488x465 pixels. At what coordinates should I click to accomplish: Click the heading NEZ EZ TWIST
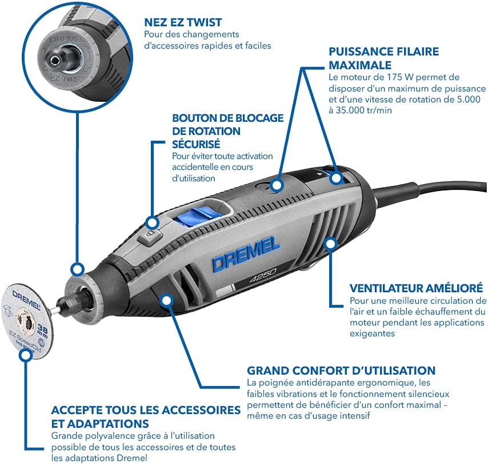pyautogui.click(x=182, y=23)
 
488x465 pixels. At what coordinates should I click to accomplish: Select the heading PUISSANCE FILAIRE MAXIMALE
pyautogui.click(x=383, y=58)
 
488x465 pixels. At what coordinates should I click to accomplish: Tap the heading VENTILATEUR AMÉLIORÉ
pyautogui.click(x=417, y=288)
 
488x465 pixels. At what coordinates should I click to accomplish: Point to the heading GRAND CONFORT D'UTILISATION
pyautogui.click(x=341, y=371)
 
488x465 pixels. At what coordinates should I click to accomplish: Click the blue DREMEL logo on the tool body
pyautogui.click(x=246, y=254)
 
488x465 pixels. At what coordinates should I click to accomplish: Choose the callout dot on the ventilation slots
pyautogui.click(x=330, y=244)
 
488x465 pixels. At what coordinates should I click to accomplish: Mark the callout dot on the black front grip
pyautogui.click(x=166, y=299)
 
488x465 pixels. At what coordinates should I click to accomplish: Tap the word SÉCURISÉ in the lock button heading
pyautogui.click(x=196, y=144)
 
